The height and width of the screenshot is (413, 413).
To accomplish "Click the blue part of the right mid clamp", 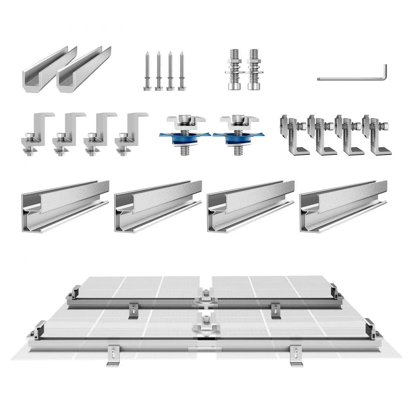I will click(236, 136).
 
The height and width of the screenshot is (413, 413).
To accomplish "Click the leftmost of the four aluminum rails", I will click(65, 206).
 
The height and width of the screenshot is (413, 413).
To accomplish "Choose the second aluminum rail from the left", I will click(158, 206).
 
